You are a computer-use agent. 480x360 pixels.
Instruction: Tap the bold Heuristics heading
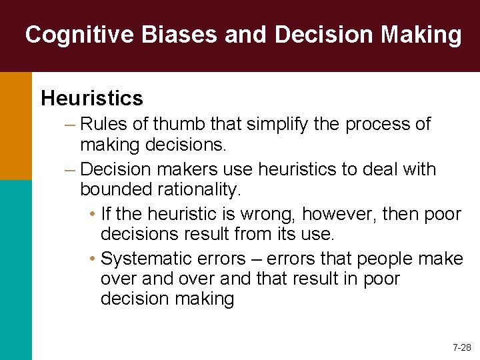92,99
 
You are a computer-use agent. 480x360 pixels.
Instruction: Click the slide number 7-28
461,347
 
